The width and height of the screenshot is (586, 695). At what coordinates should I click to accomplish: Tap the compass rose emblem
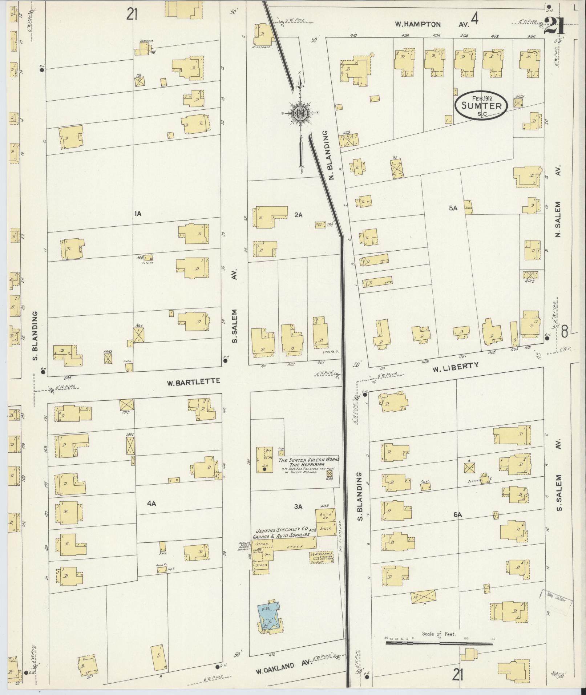(300, 114)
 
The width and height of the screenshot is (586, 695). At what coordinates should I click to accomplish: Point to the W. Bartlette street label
(193, 382)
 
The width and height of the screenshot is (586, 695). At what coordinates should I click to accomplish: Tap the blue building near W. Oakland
(269, 617)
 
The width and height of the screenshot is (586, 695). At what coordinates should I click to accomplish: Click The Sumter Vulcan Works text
(308, 460)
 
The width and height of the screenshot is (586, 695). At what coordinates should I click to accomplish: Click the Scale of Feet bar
(439, 643)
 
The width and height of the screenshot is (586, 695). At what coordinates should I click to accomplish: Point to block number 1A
(137, 214)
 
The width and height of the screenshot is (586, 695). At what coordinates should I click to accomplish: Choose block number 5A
(453, 209)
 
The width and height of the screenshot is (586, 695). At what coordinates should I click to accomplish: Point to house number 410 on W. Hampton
(352, 36)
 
